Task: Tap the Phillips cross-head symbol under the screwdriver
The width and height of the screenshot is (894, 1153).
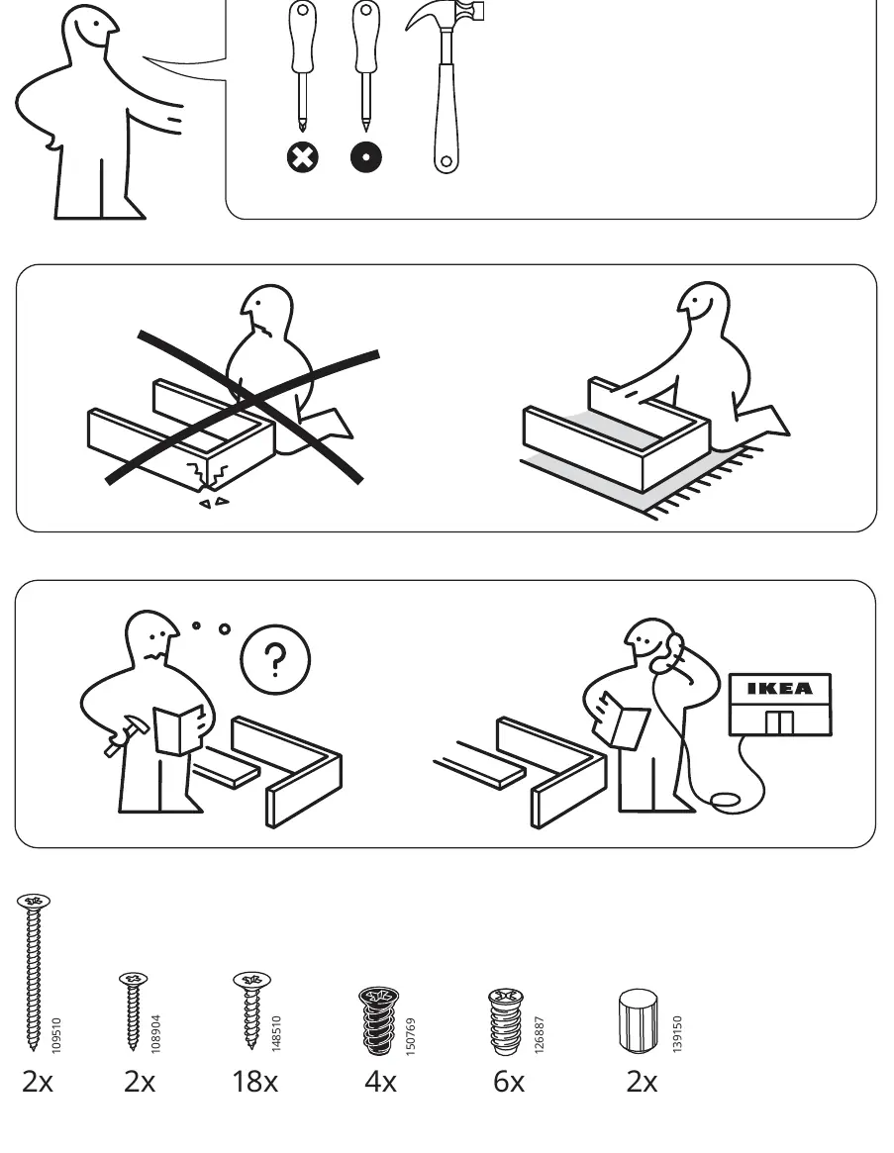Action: click(302, 157)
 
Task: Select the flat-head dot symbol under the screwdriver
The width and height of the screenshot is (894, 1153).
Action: click(365, 157)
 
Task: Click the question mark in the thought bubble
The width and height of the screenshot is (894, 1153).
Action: click(275, 659)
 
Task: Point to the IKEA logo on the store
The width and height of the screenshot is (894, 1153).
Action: click(780, 689)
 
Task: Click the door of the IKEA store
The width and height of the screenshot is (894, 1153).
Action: click(779, 722)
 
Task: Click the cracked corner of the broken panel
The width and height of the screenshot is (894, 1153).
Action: click(209, 475)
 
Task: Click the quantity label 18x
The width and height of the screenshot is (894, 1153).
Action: click(254, 1082)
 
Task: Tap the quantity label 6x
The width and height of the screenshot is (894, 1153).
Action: click(509, 1082)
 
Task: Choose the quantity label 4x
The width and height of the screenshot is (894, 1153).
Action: click(380, 1082)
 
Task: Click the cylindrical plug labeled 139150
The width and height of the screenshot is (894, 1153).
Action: click(638, 1020)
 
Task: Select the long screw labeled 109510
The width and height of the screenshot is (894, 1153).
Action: click(33, 971)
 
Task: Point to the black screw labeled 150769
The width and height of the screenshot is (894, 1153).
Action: click(379, 1020)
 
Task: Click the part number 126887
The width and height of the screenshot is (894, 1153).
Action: click(540, 1034)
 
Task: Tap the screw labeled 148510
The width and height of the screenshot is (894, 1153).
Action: click(251, 1009)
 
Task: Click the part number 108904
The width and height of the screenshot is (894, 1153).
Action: click(155, 1034)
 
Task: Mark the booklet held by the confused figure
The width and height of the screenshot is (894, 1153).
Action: click(179, 729)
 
